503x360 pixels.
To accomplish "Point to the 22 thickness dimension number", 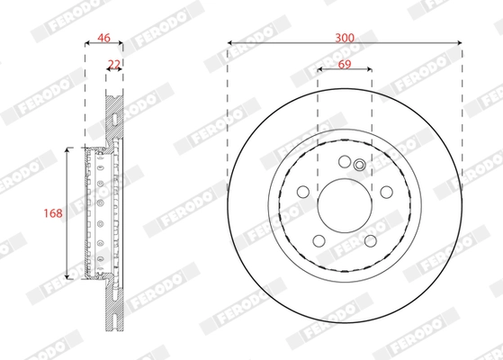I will pos(114,63).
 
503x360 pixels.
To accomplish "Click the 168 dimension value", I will pos(53,213).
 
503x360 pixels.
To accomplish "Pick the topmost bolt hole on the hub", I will pos(345,162).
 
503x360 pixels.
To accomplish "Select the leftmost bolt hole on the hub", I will pos(304,191).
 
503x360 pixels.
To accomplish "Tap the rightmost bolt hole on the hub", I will pos(385,191).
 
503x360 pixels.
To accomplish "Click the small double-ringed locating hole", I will pos(359,165).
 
